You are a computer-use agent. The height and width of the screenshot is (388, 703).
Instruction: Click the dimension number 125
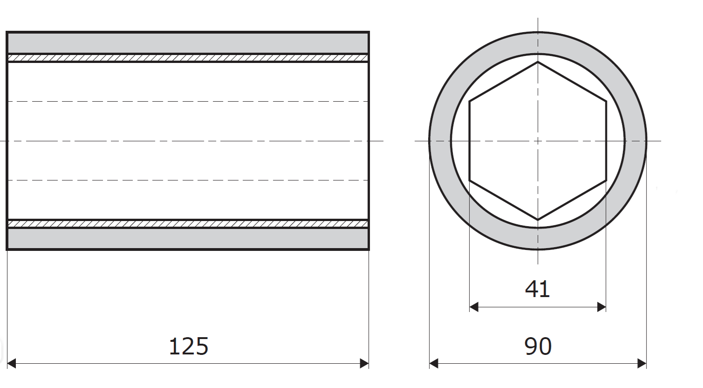[x=189, y=346]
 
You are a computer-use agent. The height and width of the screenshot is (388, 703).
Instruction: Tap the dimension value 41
[x=537, y=289]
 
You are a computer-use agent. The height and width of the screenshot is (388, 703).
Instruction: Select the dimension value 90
[x=538, y=346]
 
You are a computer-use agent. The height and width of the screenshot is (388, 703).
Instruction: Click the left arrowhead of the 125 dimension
[x=11, y=363]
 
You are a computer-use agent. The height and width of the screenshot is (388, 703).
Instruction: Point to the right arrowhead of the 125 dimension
[x=364, y=363]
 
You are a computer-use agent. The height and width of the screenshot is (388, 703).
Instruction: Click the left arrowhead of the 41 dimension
[x=474, y=307]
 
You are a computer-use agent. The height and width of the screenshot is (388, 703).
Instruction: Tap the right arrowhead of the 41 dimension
[x=601, y=307]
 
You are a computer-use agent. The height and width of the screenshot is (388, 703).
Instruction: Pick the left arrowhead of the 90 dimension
[x=434, y=363]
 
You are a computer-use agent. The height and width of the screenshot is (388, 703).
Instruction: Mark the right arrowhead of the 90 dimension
[x=642, y=363]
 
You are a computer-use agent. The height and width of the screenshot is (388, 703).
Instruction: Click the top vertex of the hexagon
[x=538, y=62]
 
